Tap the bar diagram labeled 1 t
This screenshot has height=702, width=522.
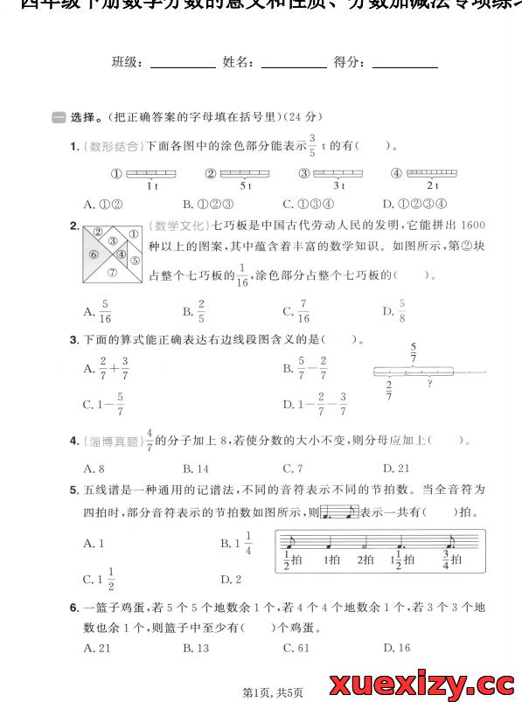tap(151, 174)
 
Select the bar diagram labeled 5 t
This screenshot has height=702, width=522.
tap(245, 174)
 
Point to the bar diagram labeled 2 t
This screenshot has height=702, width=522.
tap(432, 174)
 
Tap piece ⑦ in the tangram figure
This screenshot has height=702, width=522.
tap(112, 272)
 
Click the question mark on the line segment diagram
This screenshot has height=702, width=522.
tap(429, 382)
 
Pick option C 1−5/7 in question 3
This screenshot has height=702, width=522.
tap(104, 405)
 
